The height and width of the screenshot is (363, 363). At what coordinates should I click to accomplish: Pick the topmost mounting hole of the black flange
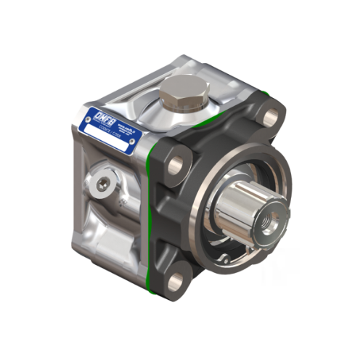270,116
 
